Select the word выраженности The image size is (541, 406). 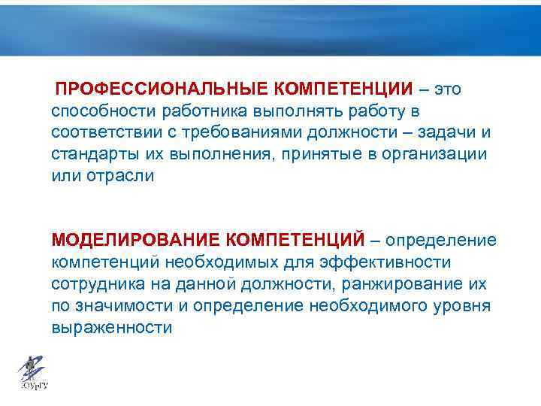point(112,328)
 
